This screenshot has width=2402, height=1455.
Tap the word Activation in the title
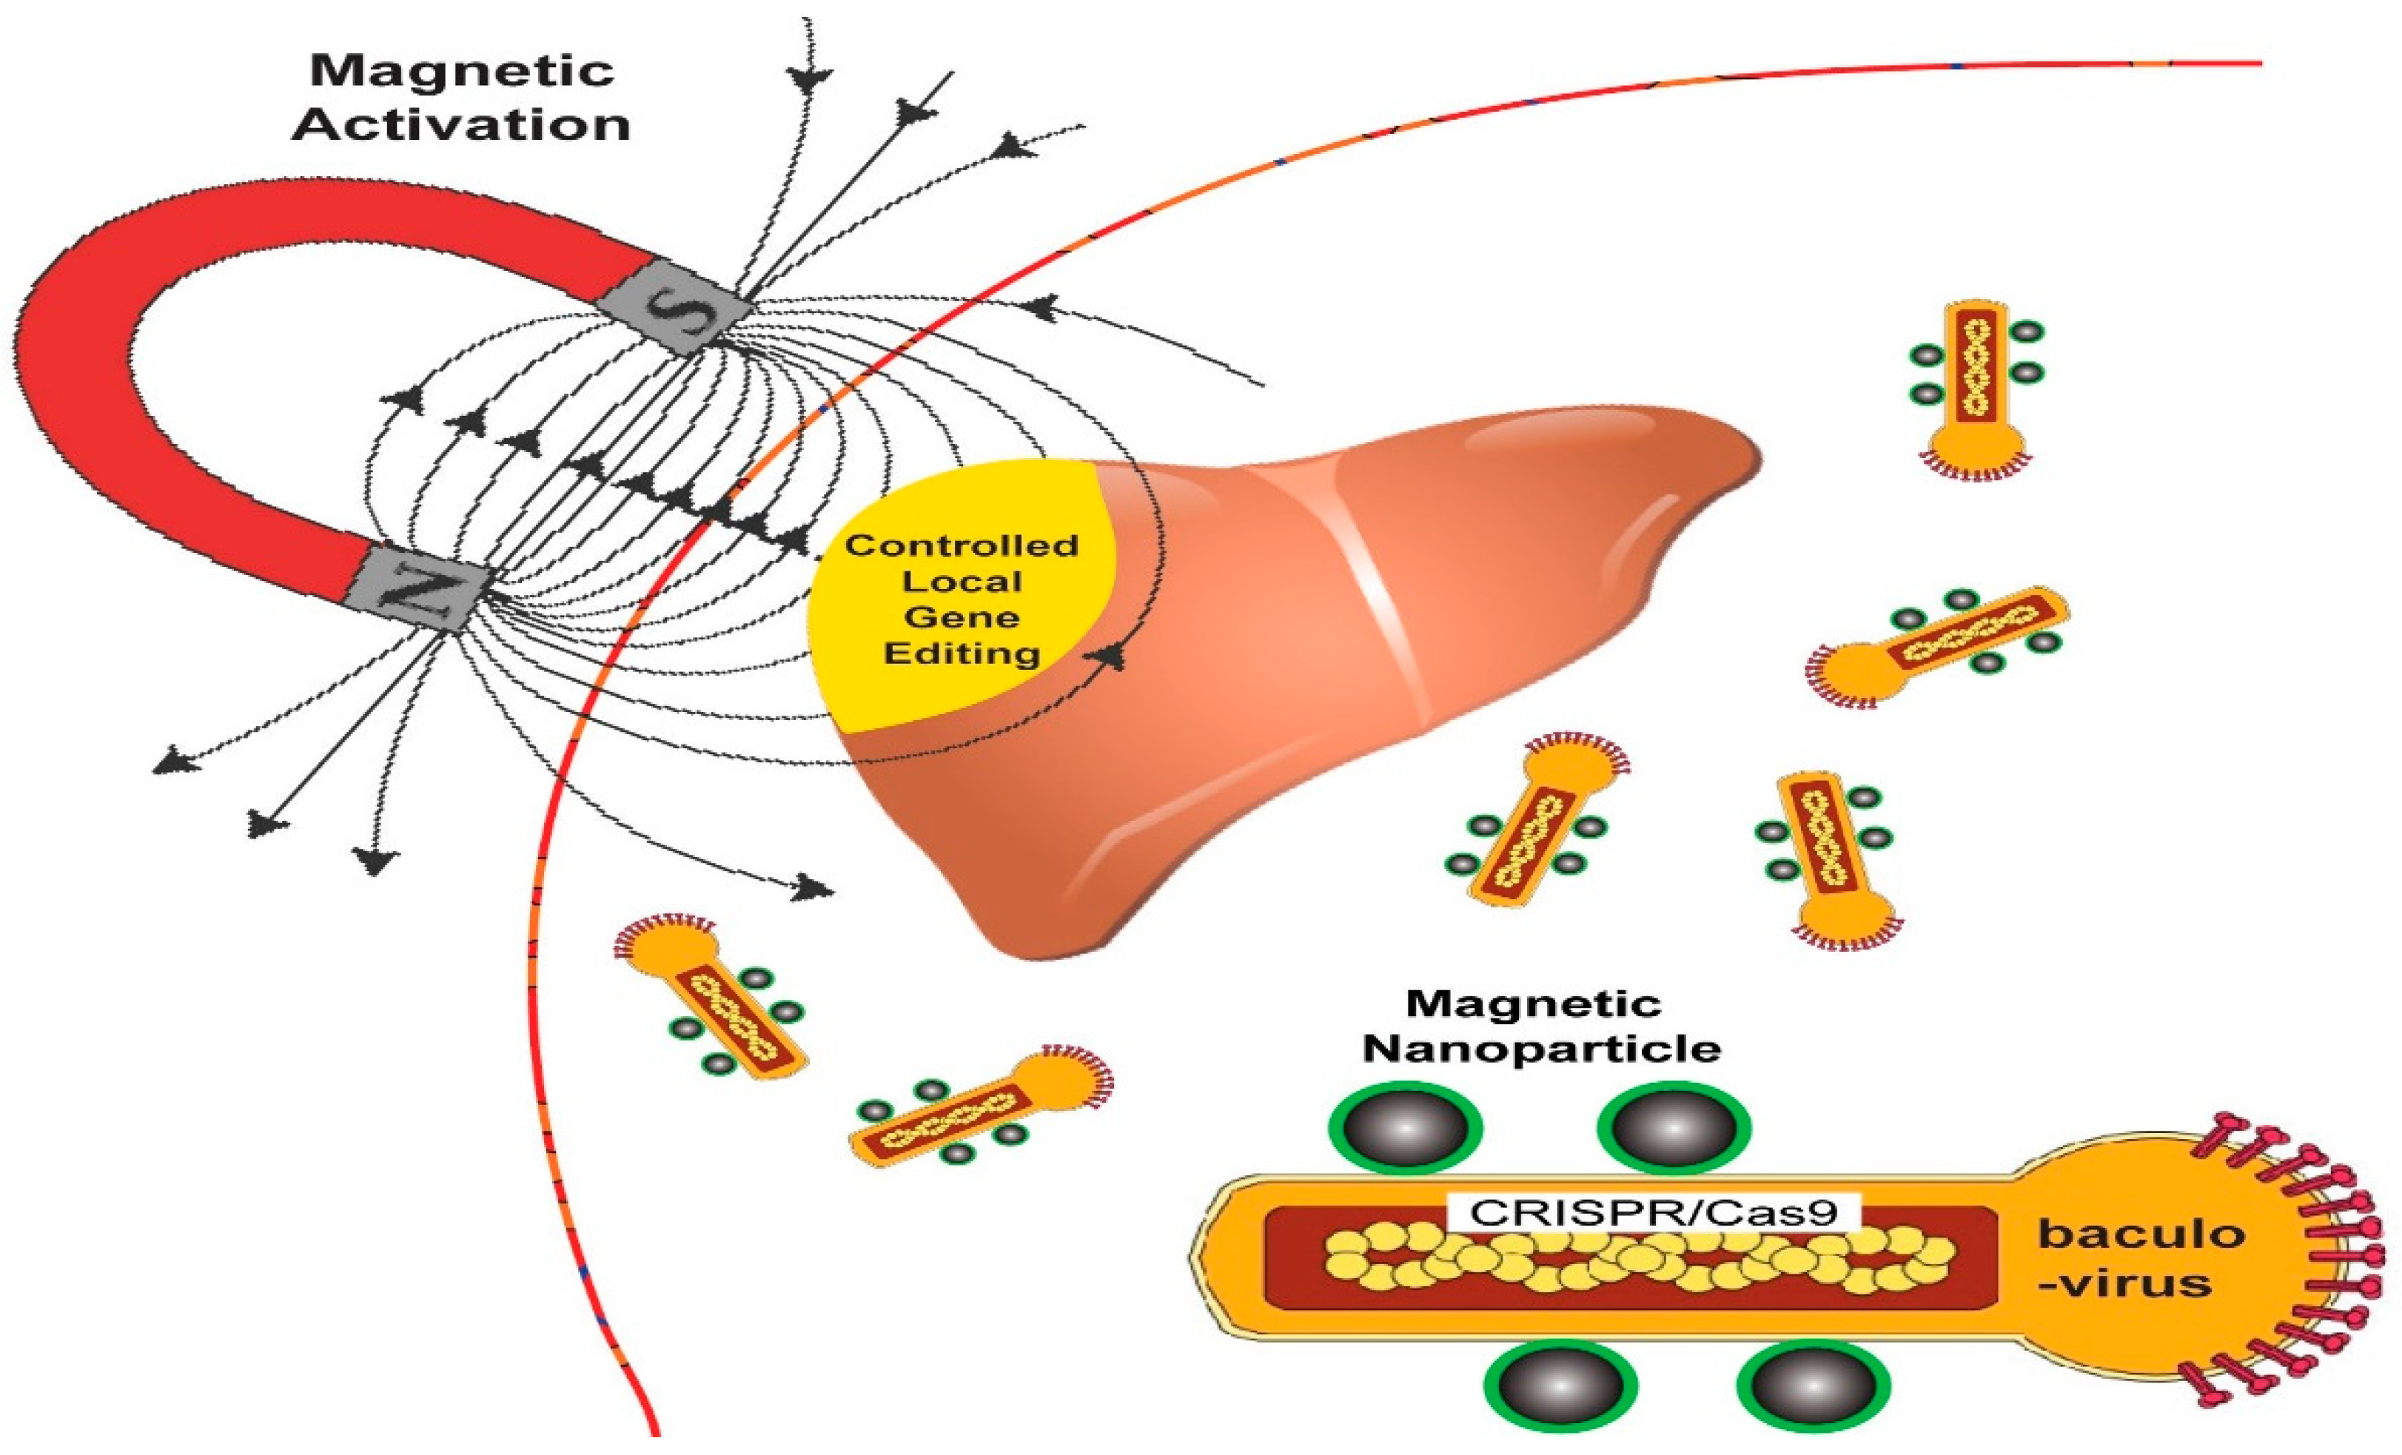tap(461, 126)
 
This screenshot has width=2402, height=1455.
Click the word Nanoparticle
tap(1541, 1049)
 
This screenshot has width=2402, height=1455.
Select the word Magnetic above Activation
tap(461, 71)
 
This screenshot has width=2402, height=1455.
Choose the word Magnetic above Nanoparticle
tap(1534, 1003)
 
